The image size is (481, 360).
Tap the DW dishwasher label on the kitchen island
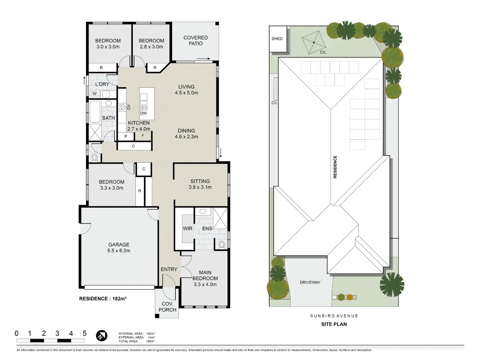point(143,113)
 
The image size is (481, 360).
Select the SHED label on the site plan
point(277,39)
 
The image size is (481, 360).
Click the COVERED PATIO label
point(195,41)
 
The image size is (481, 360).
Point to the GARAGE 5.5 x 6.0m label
point(119,248)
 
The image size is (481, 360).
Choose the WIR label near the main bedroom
point(187,229)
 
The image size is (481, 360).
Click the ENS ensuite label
point(207,229)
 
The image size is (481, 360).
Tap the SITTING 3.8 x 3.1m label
point(200,184)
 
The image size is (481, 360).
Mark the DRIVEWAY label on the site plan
point(310,282)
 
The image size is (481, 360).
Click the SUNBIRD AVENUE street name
point(334,316)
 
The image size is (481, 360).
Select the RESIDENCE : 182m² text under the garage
point(103,299)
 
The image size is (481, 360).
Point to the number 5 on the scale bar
point(84,333)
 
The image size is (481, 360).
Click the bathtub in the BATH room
point(95,112)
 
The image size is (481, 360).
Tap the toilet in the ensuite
point(222,245)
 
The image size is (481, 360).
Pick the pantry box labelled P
point(126,137)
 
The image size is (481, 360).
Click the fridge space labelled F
point(143,136)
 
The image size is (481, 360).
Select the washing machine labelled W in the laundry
point(94,94)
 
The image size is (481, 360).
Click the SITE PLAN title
point(334,324)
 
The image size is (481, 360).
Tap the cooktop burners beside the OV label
point(122,107)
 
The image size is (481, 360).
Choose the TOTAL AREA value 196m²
point(150,341)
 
